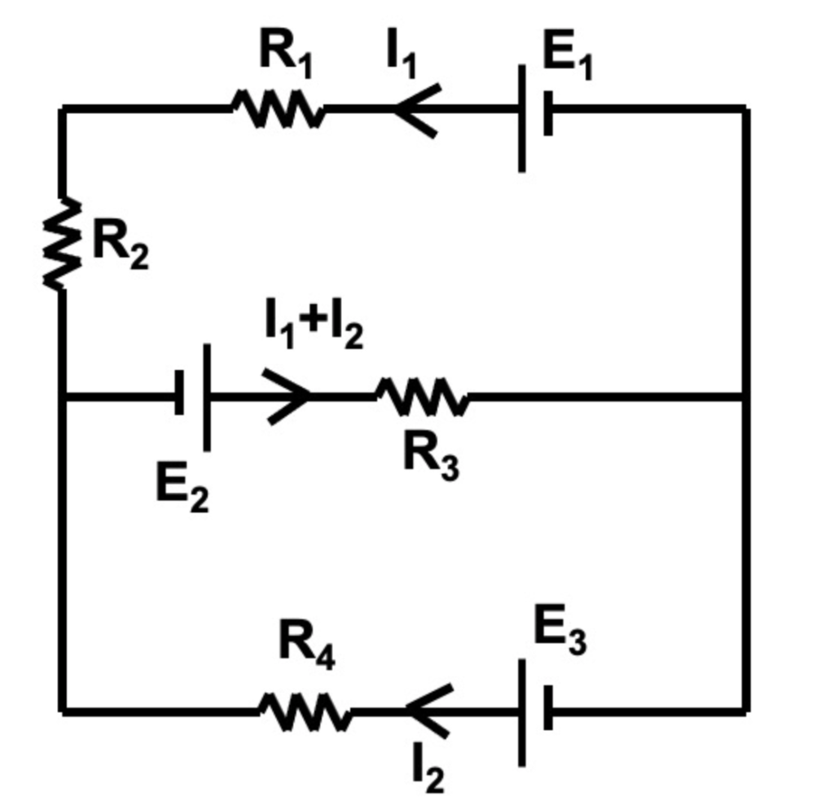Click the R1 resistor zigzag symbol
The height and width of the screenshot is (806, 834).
pos(278,108)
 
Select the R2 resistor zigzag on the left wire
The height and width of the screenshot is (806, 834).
pos(63,244)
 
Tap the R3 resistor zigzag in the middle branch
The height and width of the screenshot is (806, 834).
pos(422,397)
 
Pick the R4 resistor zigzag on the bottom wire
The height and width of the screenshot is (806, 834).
pos(305,711)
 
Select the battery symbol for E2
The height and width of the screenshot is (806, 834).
pos(193,397)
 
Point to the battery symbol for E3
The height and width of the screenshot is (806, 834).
pos(535,711)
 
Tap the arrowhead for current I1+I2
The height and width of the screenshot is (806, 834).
pos(289,397)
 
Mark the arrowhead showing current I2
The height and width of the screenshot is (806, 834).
pos(428,711)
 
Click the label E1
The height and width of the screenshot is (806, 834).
pos(567,58)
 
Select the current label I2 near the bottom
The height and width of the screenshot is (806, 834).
pos(428,770)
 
